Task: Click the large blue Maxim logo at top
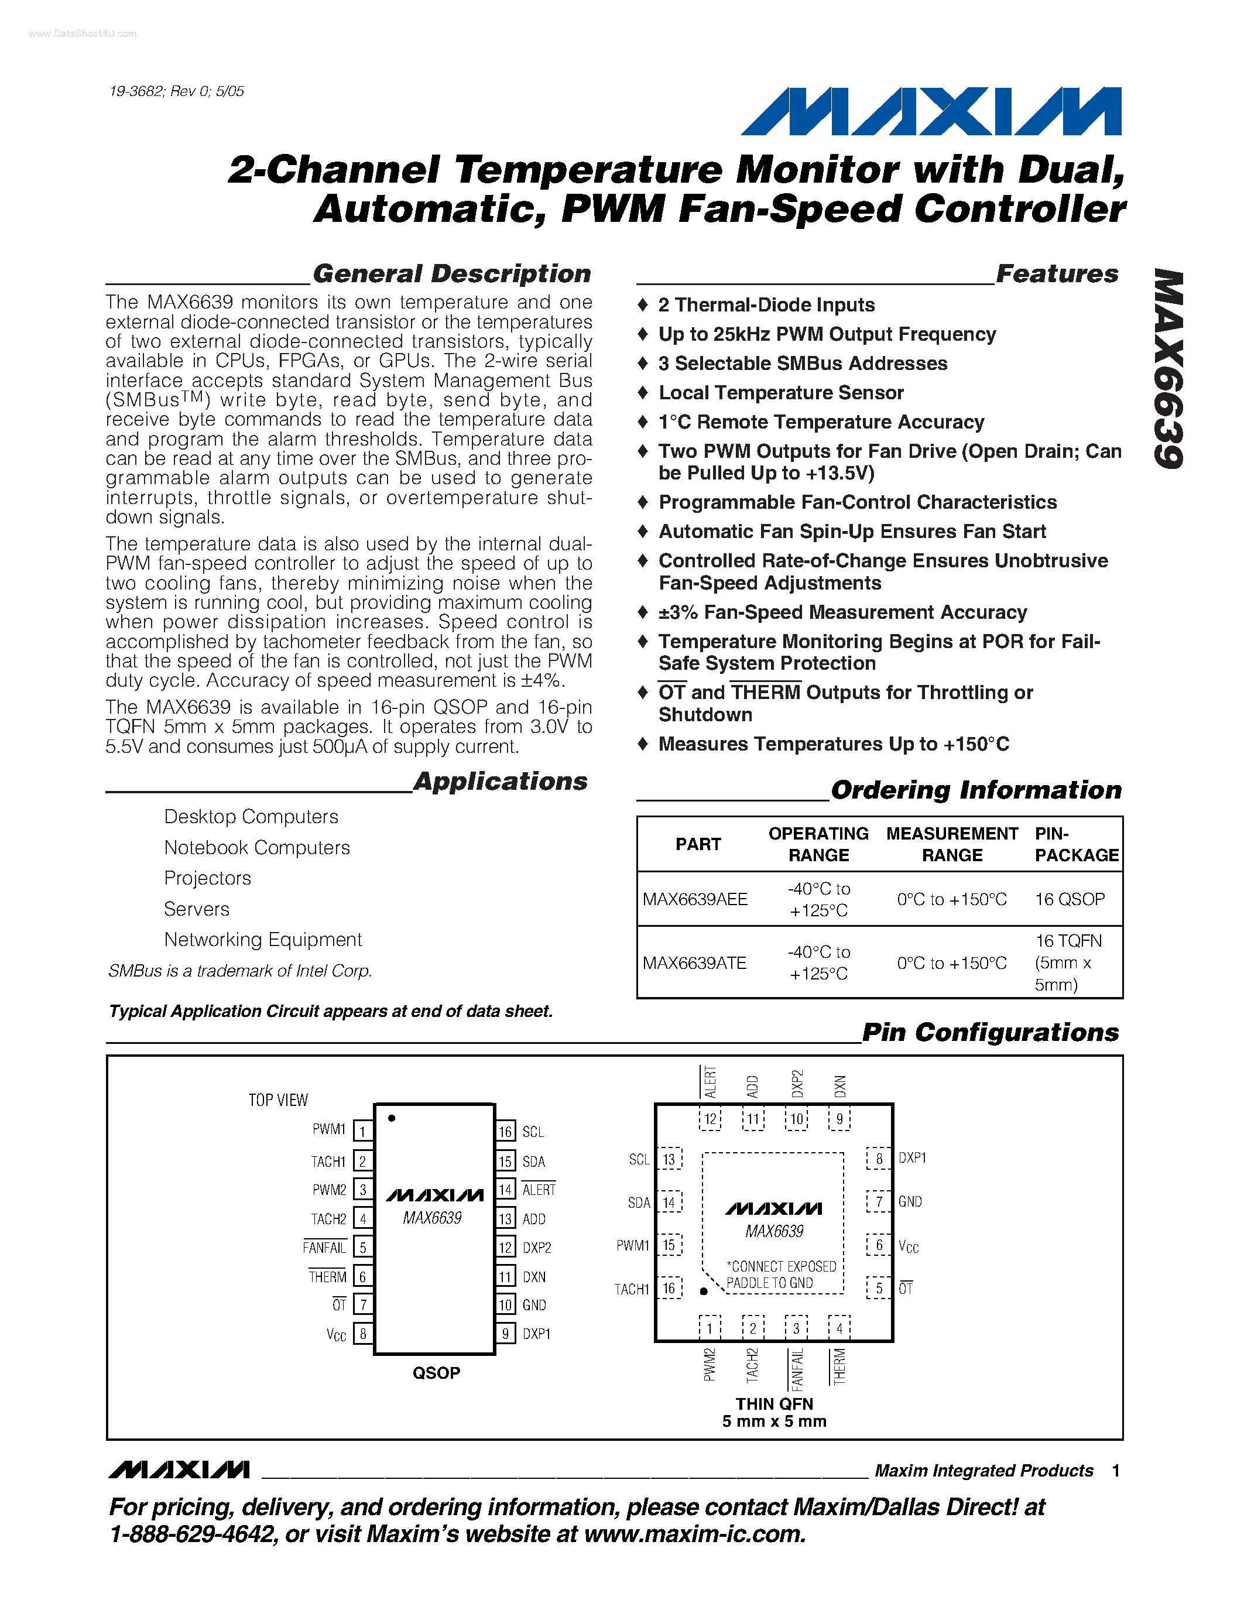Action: coord(931,111)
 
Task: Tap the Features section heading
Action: coord(1056,273)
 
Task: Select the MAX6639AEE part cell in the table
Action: coord(695,899)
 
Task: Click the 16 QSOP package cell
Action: coord(1070,899)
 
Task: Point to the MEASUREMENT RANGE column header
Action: coord(951,844)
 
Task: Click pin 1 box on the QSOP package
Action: coord(362,1131)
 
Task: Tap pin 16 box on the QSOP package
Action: coord(505,1132)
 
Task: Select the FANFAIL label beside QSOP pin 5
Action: coord(324,1247)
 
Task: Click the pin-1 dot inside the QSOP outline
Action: coord(391,1118)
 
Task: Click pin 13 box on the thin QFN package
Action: coord(669,1159)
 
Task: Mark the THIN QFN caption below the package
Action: coord(774,1403)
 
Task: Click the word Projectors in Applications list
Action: coord(207,878)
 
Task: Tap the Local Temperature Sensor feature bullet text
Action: coord(780,393)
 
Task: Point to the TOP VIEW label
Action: coord(278,1100)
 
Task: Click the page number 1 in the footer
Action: coord(1116,1471)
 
